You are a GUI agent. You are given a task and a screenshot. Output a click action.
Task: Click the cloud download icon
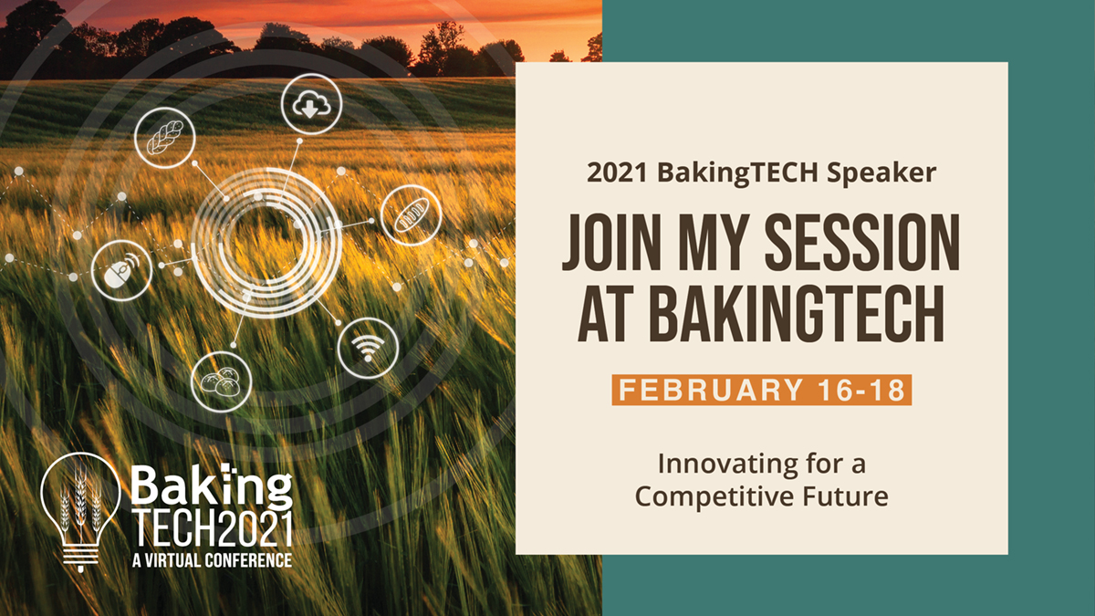point(311,104)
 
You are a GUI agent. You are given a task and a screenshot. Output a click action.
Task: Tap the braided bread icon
point(165,138)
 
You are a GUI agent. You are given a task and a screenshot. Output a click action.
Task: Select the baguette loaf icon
point(412,215)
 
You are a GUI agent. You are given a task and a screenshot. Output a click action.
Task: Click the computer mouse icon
point(121,270)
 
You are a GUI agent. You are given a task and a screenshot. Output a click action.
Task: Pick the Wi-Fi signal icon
point(368,348)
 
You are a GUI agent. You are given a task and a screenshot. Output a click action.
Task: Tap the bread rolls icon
point(222,381)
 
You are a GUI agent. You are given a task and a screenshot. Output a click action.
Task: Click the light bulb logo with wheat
point(80,512)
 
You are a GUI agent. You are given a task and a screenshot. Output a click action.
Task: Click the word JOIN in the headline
point(612,243)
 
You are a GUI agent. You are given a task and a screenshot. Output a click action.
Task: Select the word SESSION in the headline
point(862,243)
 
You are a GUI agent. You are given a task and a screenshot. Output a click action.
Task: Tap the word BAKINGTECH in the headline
point(761,314)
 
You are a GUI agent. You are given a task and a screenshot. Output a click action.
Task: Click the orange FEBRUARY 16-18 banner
point(762,391)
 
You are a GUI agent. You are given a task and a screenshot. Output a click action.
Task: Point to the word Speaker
point(881,173)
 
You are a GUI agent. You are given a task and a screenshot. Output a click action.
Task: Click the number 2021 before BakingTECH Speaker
point(618,172)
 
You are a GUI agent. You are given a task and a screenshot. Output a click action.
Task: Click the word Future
point(846,496)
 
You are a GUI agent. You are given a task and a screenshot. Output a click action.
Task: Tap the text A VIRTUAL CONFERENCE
point(213,560)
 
